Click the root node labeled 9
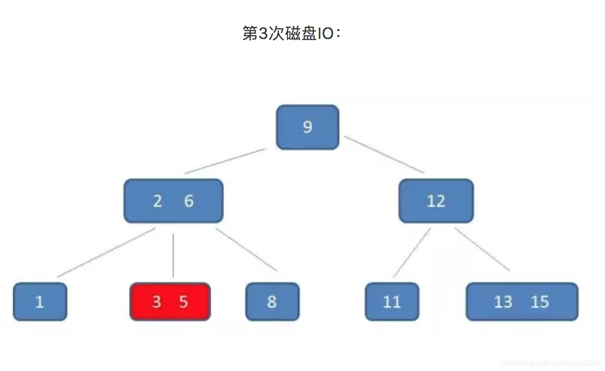pos(307,127)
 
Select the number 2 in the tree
pos(157,201)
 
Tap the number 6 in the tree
pos(188,201)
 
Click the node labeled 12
pos(436,201)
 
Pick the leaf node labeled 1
pos(40,302)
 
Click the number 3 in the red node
pos(156,302)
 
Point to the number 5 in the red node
pos(184,302)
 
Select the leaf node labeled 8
pos(272,302)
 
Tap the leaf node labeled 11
pos(392,302)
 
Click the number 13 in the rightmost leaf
pos(503,302)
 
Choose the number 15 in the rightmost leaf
pos(539,302)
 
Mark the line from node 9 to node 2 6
pos(225,161)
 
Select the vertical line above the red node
pos(173,255)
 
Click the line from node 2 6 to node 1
pos(106,252)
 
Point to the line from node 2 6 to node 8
pos(246,249)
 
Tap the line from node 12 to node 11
pos(411,253)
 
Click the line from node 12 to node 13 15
pos(482,249)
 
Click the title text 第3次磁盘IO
pos(291,34)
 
